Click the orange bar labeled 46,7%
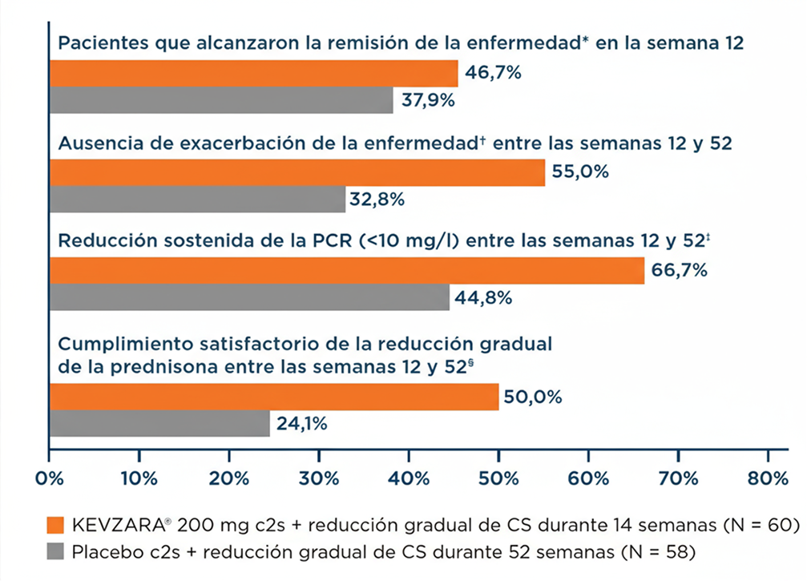pos(253,74)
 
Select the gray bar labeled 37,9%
pos(221,101)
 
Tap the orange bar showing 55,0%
pos(297,172)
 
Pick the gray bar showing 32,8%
pos(197,200)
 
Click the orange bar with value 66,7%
pos(347,271)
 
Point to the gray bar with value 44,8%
pos(249,297)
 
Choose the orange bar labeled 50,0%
pos(274,397)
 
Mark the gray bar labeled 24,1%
pos(159,424)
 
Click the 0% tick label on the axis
pos(50,479)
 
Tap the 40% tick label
pos(409,479)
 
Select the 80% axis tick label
pos(768,479)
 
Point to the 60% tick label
pos(588,479)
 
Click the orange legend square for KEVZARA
pos(55,526)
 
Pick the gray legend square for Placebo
pos(55,552)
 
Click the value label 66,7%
pos(680,271)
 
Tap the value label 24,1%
pos(301,424)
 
